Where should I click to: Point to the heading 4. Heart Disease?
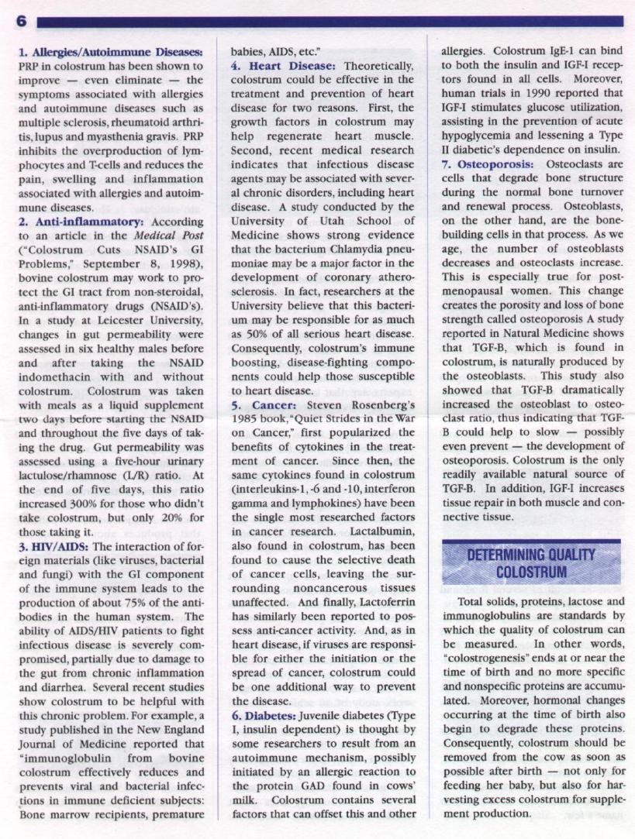283,67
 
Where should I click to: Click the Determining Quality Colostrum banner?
531,562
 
